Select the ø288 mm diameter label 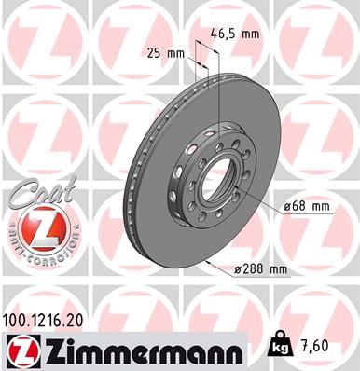click(260, 269)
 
